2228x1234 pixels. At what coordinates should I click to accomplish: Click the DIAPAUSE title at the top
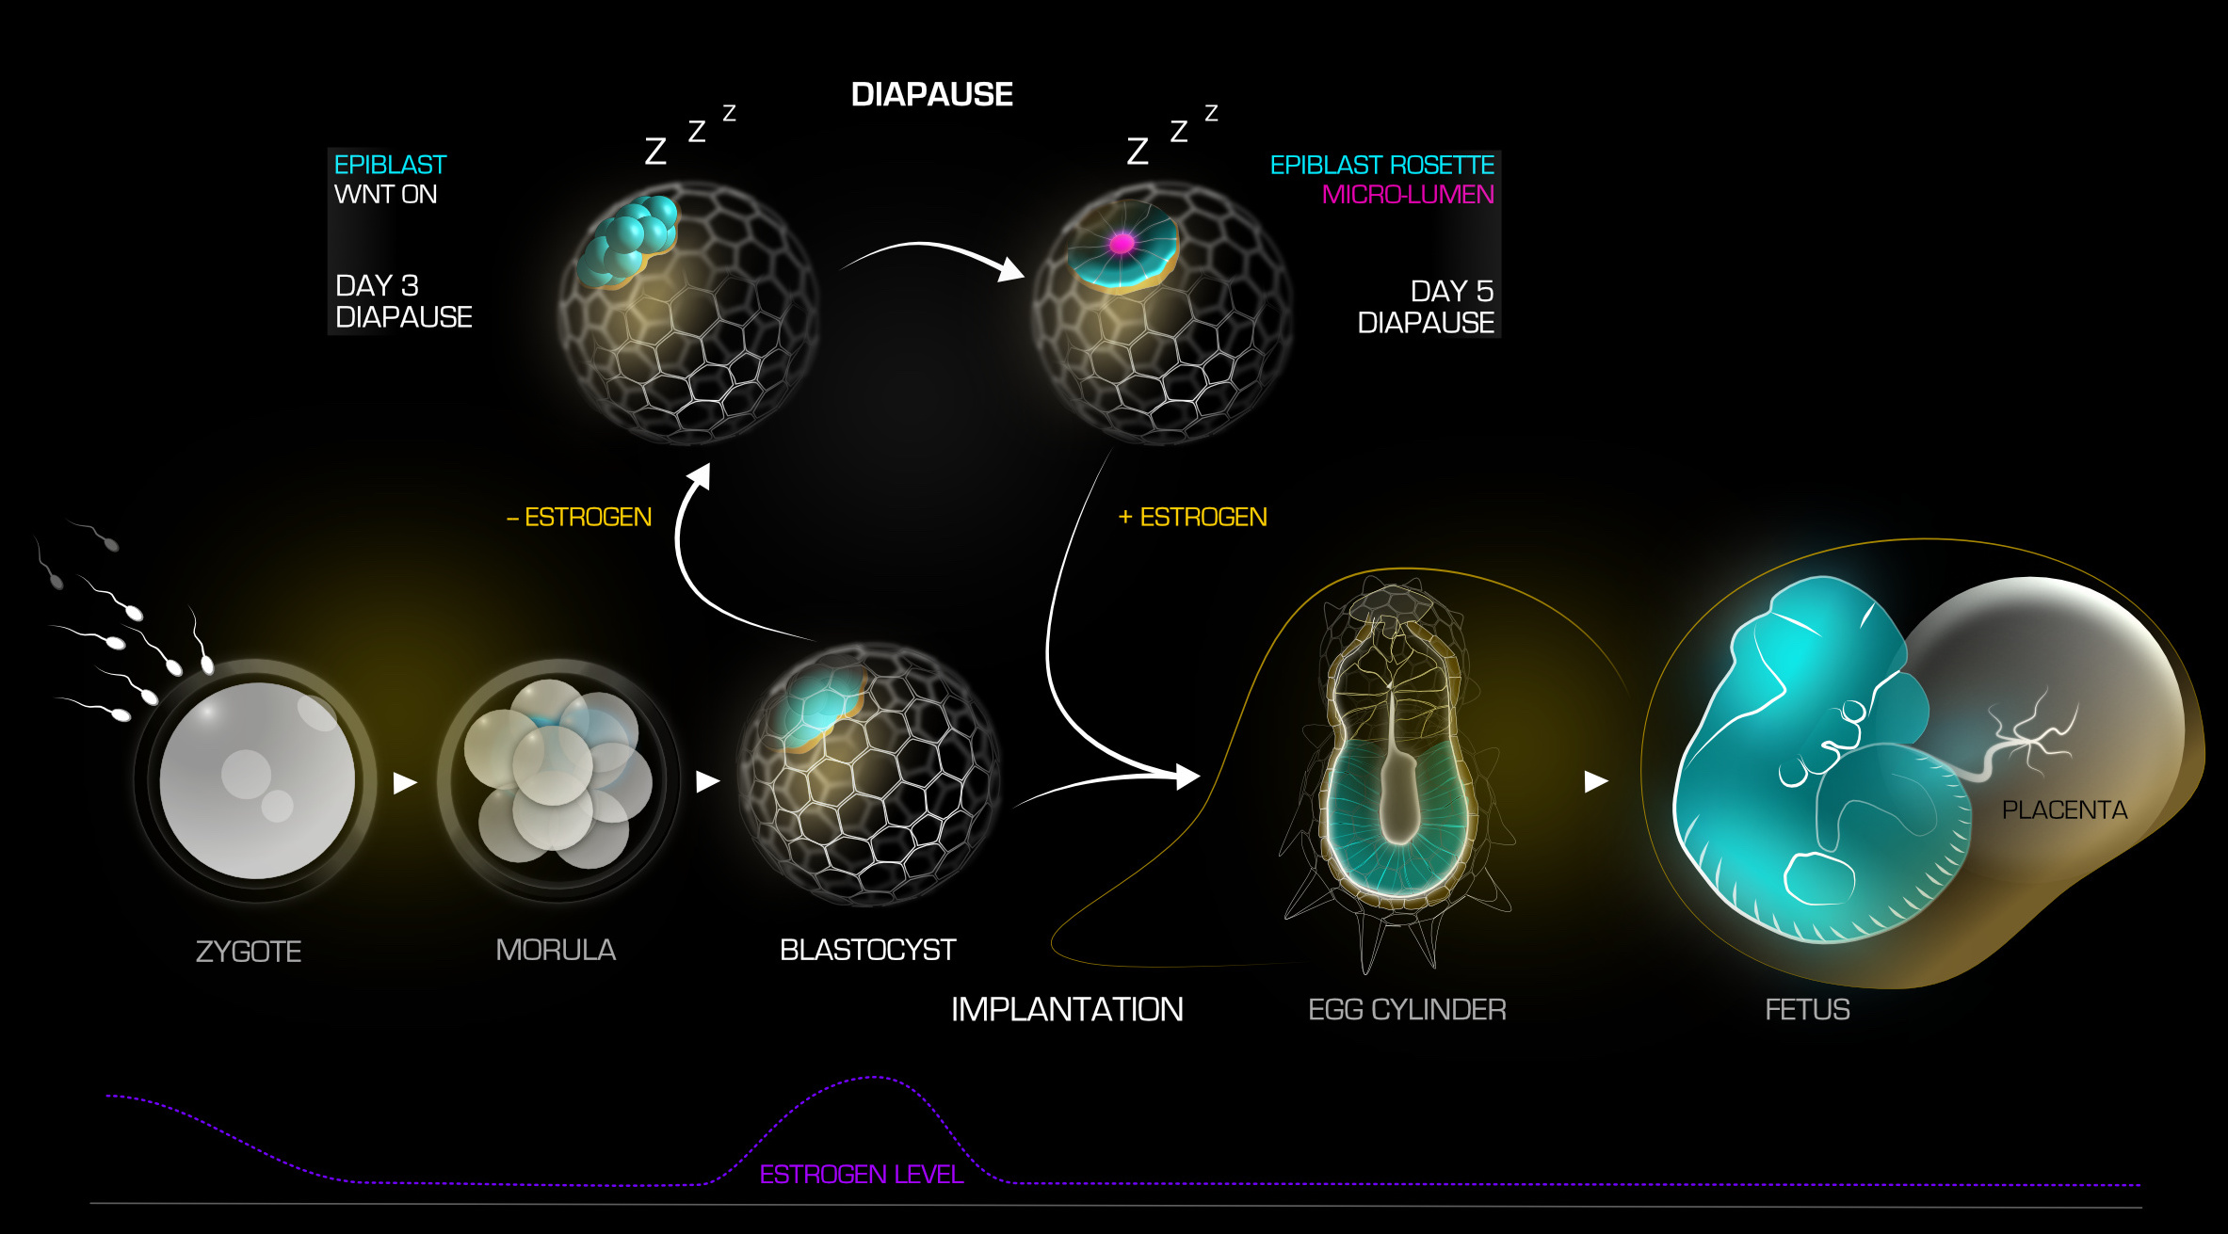click(x=931, y=94)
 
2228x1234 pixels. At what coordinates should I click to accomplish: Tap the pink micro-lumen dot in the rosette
click(x=1122, y=244)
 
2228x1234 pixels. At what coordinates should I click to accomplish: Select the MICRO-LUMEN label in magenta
click(x=1407, y=195)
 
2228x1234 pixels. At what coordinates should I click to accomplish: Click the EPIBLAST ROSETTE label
click(x=1381, y=166)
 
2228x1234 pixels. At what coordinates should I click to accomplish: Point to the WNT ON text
click(x=385, y=195)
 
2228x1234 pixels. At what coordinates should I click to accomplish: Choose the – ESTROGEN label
click(x=579, y=517)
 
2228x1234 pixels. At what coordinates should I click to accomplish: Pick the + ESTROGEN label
click(x=1192, y=517)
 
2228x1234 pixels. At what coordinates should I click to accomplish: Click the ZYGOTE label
click(x=249, y=952)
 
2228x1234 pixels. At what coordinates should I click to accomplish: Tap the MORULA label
click(x=556, y=950)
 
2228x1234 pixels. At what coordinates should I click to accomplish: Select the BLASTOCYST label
click(x=867, y=950)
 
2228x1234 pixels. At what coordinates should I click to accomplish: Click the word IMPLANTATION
click(x=1067, y=1009)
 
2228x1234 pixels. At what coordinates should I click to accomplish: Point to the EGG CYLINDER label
click(x=1407, y=1009)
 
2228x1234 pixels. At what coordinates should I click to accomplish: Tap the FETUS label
click(x=1807, y=1009)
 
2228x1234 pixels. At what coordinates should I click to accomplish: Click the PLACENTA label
click(x=2064, y=810)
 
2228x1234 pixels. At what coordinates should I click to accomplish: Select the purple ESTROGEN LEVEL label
click(x=861, y=1175)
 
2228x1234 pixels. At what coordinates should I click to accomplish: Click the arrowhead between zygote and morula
click(x=404, y=782)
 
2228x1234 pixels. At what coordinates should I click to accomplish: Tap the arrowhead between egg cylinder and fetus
click(x=1595, y=781)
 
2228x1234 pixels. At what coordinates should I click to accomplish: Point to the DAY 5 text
click(x=1451, y=291)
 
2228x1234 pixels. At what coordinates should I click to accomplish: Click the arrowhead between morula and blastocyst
click(x=707, y=781)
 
